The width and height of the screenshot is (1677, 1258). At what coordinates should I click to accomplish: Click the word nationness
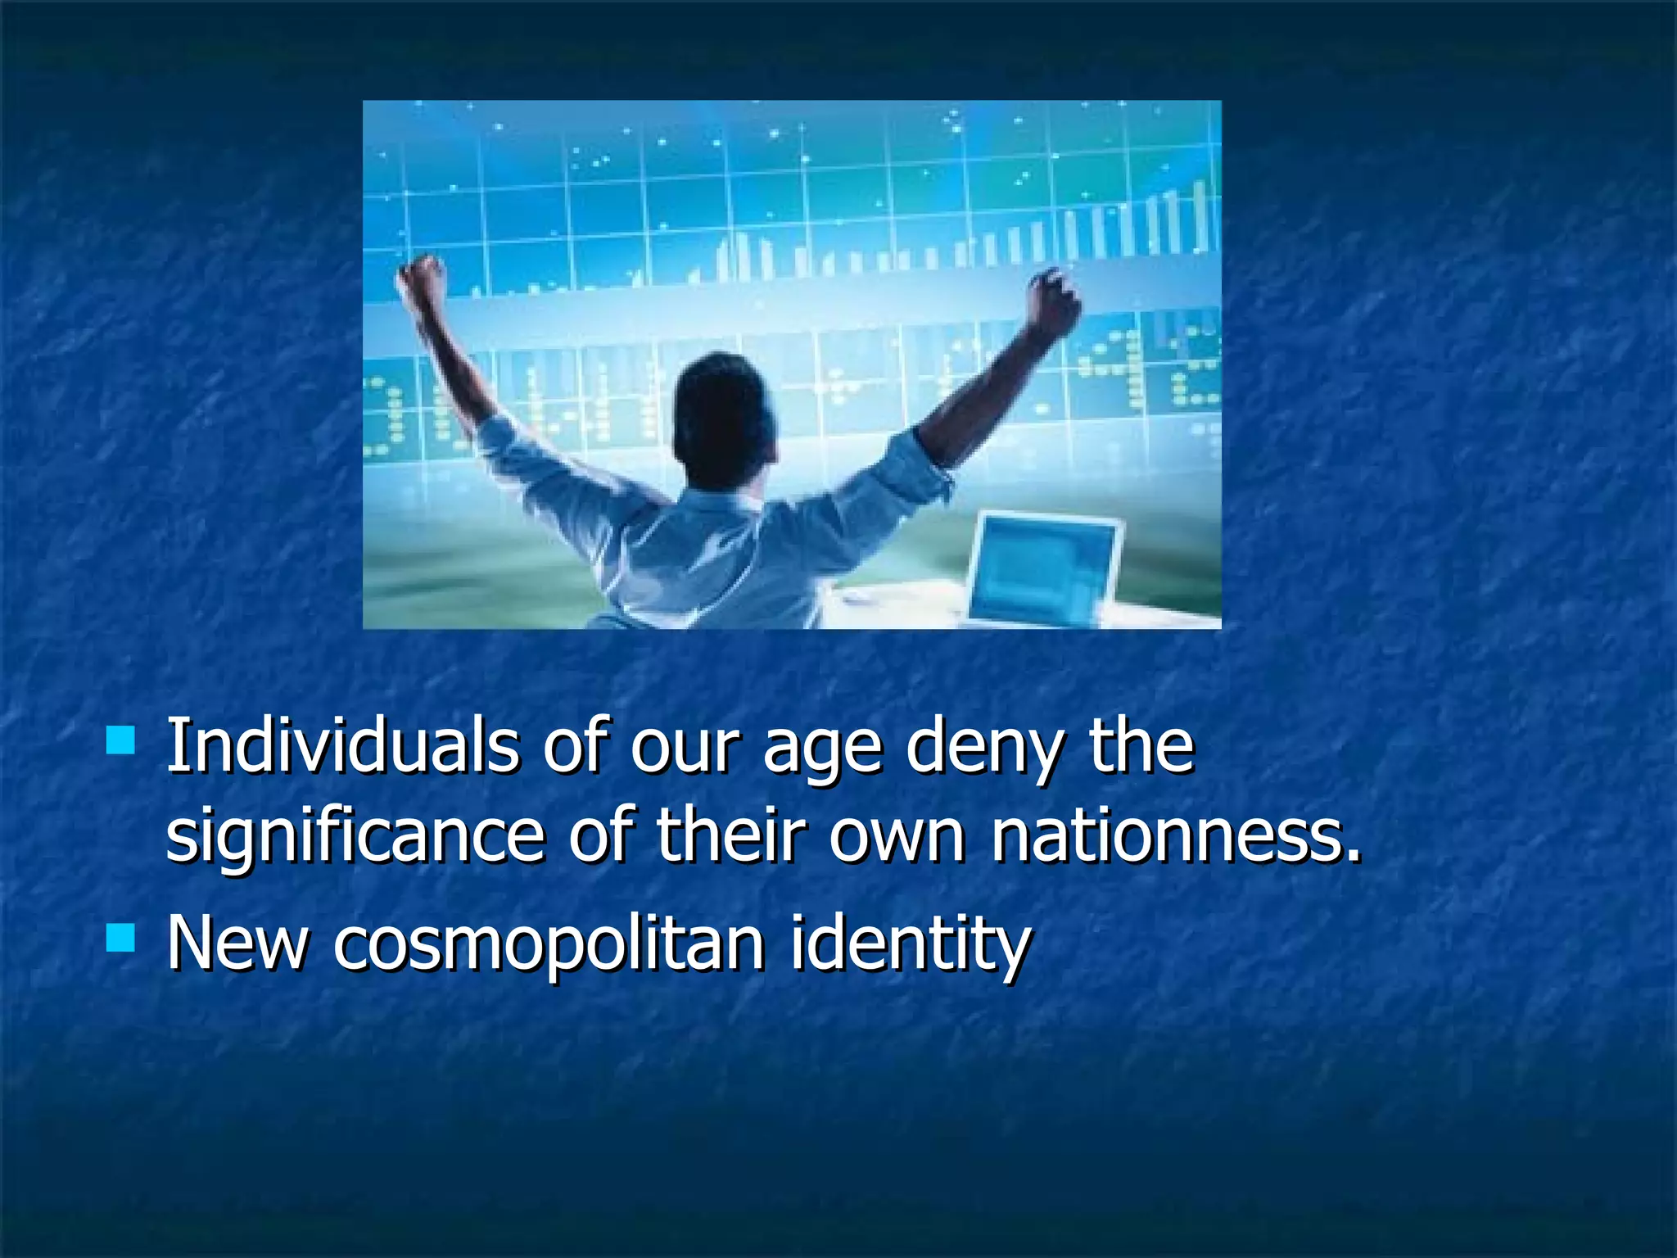coord(1176,835)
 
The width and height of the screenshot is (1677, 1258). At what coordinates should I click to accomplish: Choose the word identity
coord(910,946)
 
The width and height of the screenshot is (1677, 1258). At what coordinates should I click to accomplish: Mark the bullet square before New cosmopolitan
coord(120,937)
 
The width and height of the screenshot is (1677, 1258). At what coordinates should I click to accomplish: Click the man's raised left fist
coord(423,279)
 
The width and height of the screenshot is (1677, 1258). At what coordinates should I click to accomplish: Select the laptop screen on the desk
coord(1044,568)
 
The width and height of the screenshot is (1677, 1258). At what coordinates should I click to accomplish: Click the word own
coord(897,836)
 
